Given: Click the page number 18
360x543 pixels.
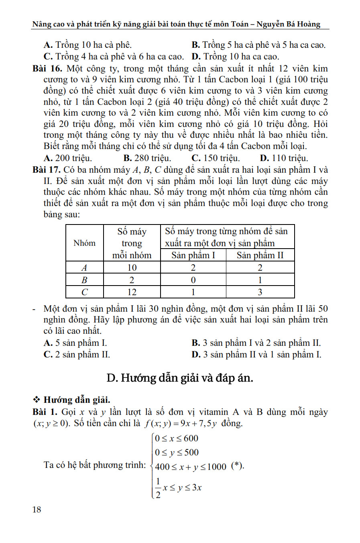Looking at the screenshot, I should click(x=37, y=510).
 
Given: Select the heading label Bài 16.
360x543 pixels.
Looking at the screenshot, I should click(x=47, y=69).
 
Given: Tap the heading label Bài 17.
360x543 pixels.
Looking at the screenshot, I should click(x=47, y=170).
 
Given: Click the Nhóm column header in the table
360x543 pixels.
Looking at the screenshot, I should click(x=85, y=243).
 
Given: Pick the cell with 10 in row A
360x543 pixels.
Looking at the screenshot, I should click(x=132, y=267).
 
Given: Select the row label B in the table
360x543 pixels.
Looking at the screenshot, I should click(x=85, y=280).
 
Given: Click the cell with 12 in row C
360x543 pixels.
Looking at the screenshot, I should click(x=132, y=292).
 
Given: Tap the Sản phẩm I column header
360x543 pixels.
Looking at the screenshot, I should click(x=193, y=255).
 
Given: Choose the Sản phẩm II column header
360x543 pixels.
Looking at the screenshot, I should click(x=260, y=255).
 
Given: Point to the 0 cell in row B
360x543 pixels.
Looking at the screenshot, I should click(x=193, y=280).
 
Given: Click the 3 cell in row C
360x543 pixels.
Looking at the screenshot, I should click(x=260, y=292).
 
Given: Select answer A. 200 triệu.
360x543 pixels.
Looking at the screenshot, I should click(x=68, y=158).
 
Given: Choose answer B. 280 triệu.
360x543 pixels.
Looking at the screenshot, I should click(x=147, y=158).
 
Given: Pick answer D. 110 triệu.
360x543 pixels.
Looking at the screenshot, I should click(x=284, y=158).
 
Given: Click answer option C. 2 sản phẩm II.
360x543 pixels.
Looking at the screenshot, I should click(x=77, y=355).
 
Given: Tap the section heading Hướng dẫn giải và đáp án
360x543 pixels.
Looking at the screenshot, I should click(x=180, y=378).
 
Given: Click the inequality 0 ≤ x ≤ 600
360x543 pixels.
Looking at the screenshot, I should click(x=177, y=438).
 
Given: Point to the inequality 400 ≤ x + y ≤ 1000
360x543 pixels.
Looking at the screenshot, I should click(x=191, y=467).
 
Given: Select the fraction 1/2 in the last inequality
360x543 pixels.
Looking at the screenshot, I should click(x=158, y=488).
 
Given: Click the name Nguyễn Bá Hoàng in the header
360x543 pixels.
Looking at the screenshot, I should click(x=289, y=24).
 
